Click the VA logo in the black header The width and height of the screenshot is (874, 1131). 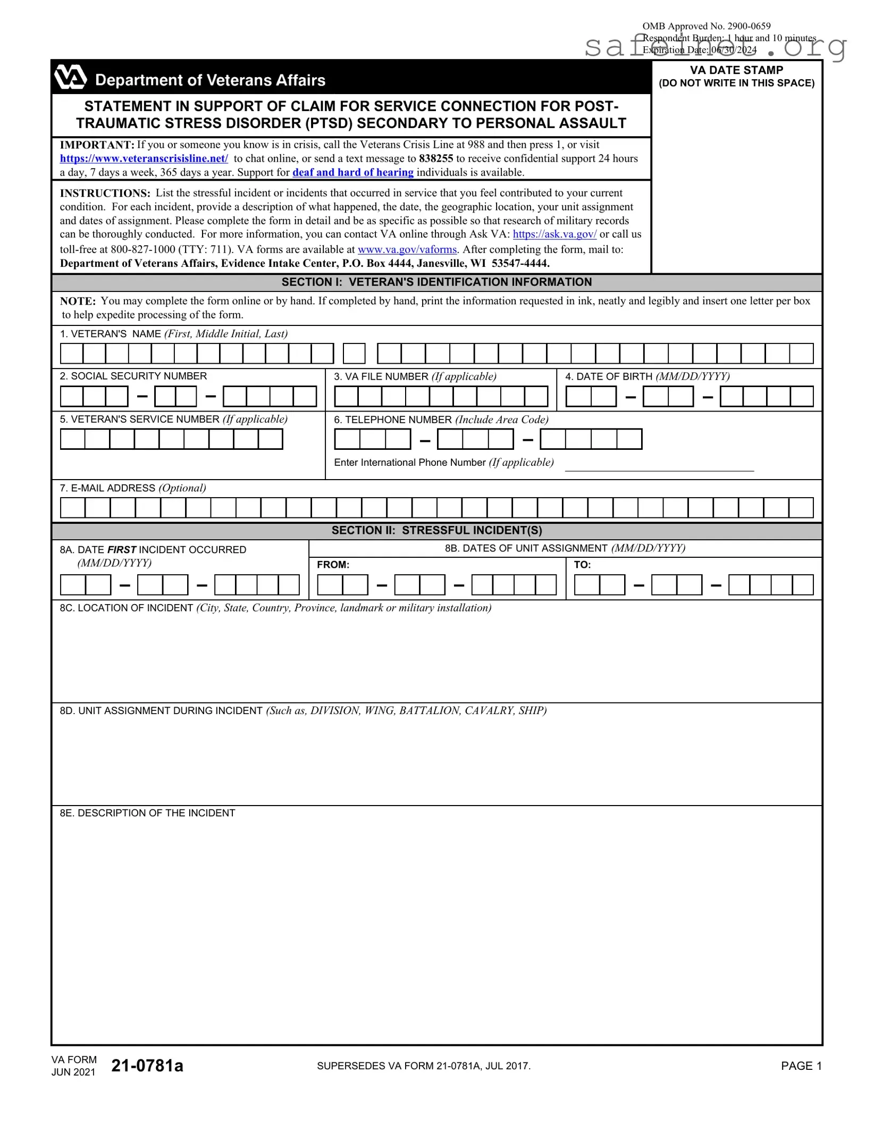click(x=70, y=78)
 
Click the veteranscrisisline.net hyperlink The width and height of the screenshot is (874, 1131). click(x=144, y=158)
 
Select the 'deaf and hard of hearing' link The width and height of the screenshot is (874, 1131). click(x=352, y=172)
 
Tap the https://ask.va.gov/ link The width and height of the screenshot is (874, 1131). click(x=554, y=234)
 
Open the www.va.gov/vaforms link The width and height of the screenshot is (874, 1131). click(x=407, y=249)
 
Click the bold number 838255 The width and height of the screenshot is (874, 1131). click(x=436, y=158)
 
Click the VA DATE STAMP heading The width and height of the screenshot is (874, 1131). click(x=736, y=70)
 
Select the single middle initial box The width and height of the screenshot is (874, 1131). click(x=354, y=354)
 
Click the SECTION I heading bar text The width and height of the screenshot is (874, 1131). click(x=436, y=282)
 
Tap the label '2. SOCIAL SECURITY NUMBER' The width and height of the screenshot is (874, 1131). click(x=133, y=376)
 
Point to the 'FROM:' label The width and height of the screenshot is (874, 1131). click(x=333, y=565)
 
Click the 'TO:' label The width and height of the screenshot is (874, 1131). click(x=582, y=565)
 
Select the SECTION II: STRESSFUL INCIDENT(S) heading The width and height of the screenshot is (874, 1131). click(x=436, y=530)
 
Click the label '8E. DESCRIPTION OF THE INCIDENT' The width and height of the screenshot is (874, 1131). click(x=147, y=813)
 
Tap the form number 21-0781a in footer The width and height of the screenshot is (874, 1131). click(x=147, y=1066)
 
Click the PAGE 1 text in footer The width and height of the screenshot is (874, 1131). click(x=801, y=1066)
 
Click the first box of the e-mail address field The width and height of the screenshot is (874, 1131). click(x=73, y=508)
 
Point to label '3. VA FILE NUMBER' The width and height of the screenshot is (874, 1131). click(x=381, y=376)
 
